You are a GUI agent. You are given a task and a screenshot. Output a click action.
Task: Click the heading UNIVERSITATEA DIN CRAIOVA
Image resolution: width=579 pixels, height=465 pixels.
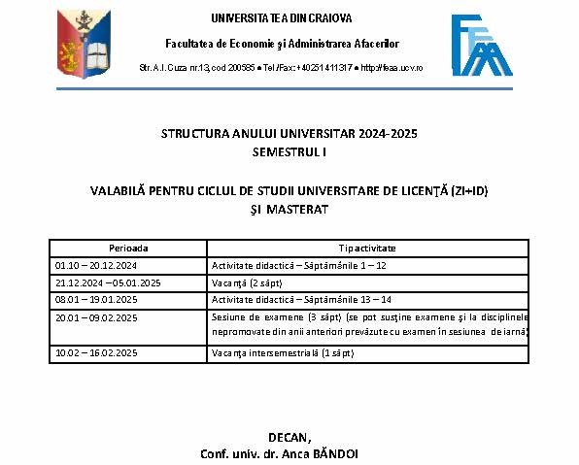[282, 18]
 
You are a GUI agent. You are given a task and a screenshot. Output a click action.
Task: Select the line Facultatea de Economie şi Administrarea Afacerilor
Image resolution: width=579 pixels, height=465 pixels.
[282, 44]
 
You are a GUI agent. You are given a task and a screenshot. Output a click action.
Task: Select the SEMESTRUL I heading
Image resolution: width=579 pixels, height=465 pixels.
[289, 152]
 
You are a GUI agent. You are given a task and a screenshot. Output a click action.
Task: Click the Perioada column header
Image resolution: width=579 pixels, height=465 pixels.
[129, 249]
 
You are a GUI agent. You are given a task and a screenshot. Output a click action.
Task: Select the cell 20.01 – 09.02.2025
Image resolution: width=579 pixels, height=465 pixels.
[96, 317]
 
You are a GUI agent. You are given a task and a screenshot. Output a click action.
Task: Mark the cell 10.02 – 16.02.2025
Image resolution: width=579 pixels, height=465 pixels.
[96, 352]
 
